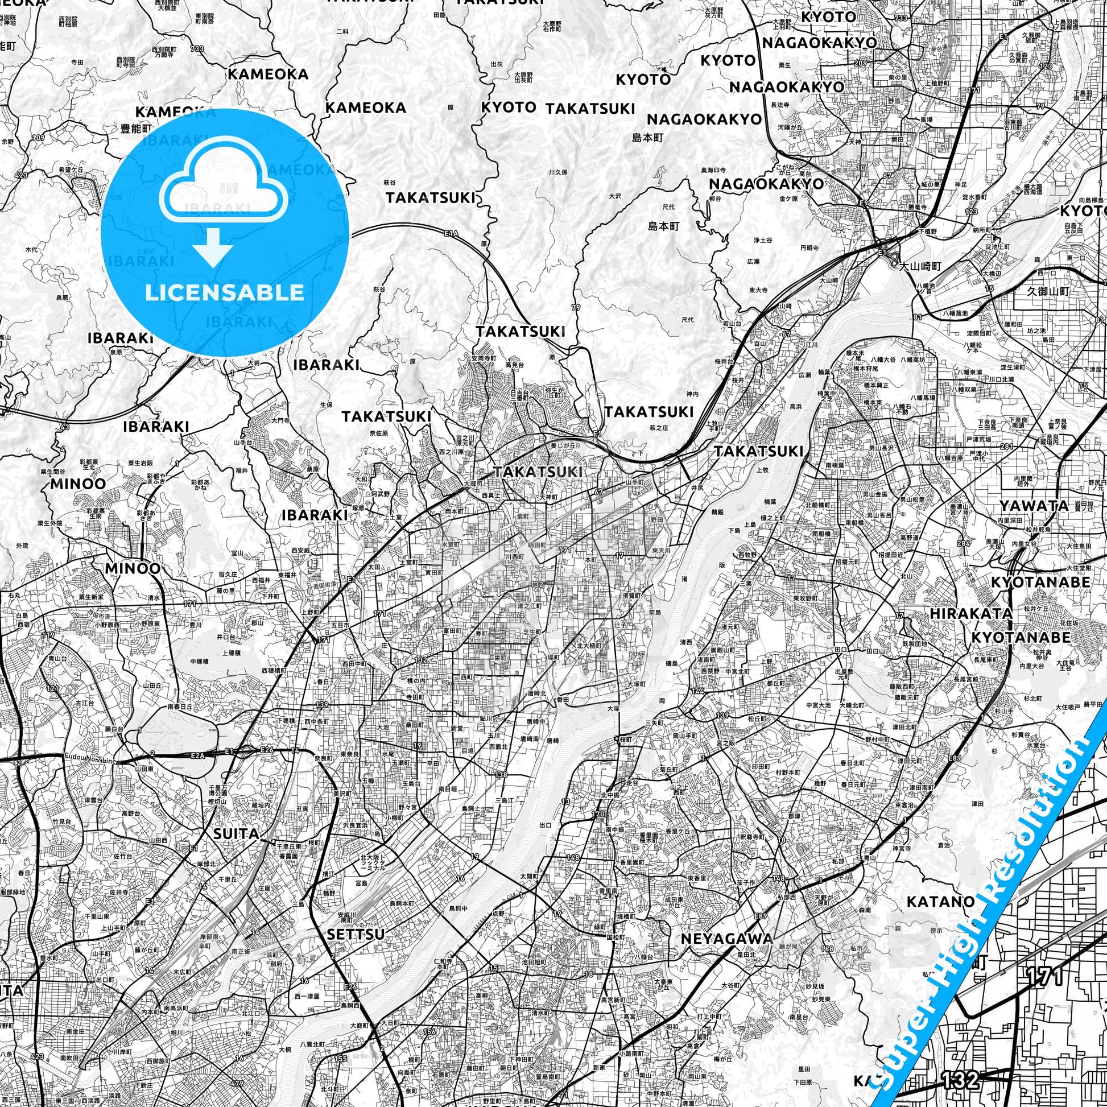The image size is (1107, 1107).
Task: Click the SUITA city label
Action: [x=236, y=834]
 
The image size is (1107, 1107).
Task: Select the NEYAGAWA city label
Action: [x=726, y=939]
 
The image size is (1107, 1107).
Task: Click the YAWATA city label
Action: [x=1034, y=505]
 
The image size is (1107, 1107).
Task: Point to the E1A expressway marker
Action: [x=451, y=233]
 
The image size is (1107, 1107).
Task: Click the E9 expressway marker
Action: [x=863, y=204]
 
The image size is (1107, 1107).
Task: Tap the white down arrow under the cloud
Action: [x=213, y=246]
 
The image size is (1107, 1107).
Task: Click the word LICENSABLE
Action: [x=224, y=293]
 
